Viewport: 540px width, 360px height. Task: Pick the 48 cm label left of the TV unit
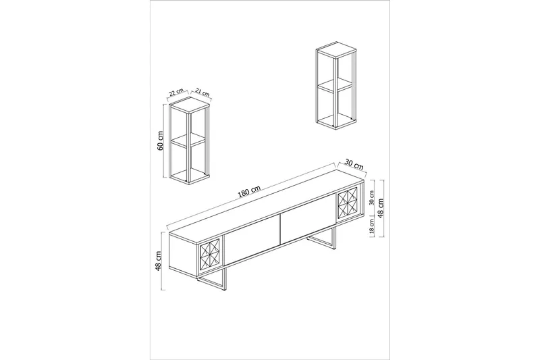158,261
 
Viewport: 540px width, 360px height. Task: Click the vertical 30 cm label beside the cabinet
371,199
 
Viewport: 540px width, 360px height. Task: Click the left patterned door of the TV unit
211,258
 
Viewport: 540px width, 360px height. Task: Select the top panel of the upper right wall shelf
336,51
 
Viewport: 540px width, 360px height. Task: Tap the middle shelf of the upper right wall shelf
335,86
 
